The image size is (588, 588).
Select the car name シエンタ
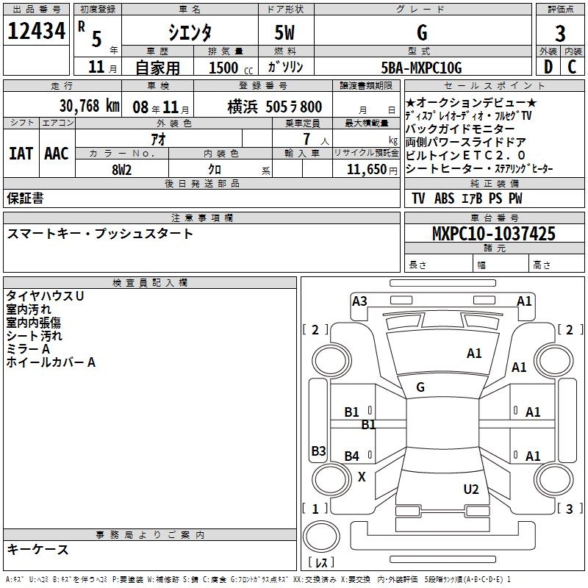(190, 32)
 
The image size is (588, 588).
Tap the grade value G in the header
(421, 32)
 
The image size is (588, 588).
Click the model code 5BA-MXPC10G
(421, 68)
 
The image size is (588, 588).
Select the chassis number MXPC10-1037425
(494, 234)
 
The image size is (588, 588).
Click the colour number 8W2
(121, 168)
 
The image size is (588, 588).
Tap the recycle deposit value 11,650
(366, 168)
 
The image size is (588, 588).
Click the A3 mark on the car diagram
(359, 301)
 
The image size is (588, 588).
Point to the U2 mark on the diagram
(471, 490)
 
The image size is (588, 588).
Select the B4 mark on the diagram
(352, 456)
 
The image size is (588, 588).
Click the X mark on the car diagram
(362, 477)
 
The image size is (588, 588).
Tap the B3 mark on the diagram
(318, 451)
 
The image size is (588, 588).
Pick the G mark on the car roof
(420, 387)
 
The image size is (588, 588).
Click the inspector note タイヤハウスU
(45, 295)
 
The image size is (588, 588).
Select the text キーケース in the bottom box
(37, 549)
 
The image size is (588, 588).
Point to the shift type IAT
(21, 154)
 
